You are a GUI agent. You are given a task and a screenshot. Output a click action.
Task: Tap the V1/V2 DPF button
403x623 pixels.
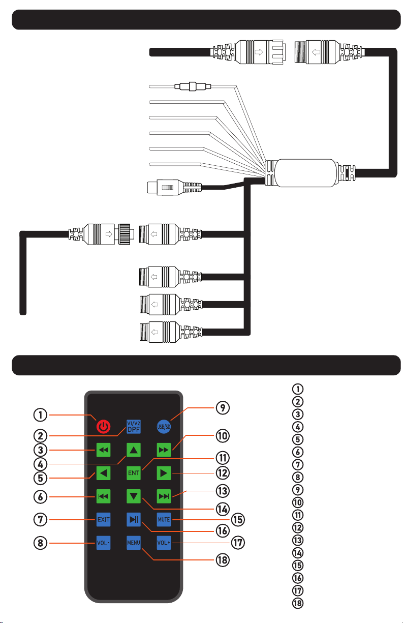point(134,426)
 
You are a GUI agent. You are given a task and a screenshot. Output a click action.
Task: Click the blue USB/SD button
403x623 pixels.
point(164,426)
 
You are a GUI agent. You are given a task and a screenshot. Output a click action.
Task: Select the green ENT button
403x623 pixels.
point(134,473)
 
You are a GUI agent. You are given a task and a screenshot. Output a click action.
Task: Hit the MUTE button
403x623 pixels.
point(164,519)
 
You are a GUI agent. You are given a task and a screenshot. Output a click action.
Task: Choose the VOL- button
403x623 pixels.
point(103,543)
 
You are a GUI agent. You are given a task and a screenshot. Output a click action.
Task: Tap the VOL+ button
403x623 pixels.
point(164,543)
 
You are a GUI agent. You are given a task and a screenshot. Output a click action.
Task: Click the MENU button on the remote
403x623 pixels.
point(134,543)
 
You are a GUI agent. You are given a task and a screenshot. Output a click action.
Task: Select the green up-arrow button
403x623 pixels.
point(134,450)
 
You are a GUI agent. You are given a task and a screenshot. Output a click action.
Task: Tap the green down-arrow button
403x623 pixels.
point(134,496)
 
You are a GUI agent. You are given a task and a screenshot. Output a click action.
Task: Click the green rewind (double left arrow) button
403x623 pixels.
point(103,450)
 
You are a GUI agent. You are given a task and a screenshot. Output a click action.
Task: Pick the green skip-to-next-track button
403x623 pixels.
point(164,496)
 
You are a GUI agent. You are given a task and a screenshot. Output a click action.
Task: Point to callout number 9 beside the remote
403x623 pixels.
point(223,408)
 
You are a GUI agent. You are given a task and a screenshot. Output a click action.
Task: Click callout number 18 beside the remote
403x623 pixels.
point(223,560)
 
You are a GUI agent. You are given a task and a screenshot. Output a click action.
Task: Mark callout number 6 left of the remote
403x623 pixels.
point(40,496)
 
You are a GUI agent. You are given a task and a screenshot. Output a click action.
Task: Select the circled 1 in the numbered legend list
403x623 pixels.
point(298,389)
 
